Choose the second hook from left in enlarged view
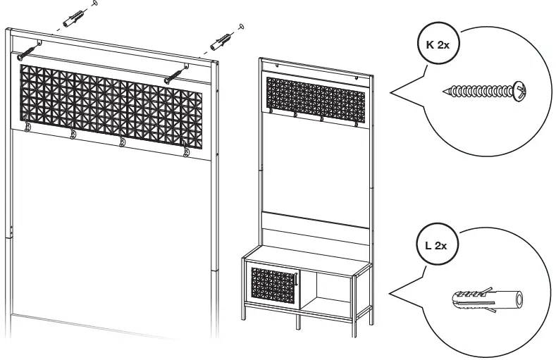(x=73, y=134)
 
